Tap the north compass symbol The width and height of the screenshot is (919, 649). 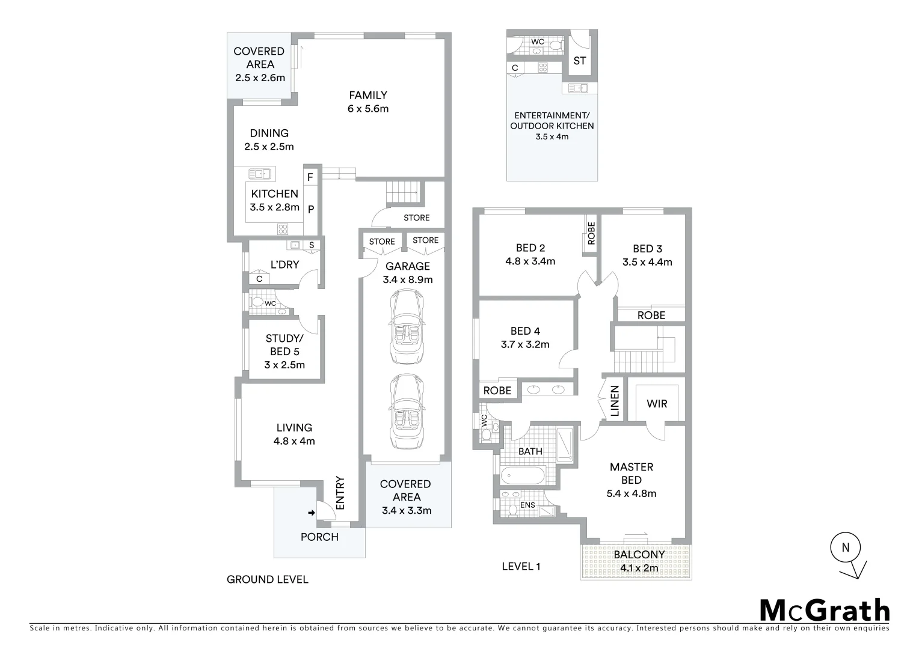pos(846,547)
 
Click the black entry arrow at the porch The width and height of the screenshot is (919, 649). pos(311,513)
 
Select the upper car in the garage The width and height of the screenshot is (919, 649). pos(407,326)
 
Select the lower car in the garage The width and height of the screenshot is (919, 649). pos(407,412)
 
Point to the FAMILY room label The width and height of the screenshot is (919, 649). pos(368,95)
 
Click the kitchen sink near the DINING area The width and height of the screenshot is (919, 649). pos(260,174)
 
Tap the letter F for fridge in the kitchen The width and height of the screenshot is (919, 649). pos(310,177)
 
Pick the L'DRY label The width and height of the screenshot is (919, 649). pos(284,264)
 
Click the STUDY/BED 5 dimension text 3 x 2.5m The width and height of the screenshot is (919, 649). pos(284,365)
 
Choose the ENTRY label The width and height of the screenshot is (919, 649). pos(340,493)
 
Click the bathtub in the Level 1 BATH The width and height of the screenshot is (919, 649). pos(523,476)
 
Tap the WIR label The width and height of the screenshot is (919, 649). pos(657,404)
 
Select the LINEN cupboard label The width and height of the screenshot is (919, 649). pos(615,401)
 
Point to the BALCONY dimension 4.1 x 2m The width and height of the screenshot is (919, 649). pos(636,568)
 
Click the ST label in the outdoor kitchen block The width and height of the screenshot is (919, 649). pos(580,61)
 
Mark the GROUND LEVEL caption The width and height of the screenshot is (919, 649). pos(267,579)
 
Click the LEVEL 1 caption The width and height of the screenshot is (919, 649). pos(521,566)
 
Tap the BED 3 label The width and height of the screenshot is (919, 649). pos(647,249)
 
